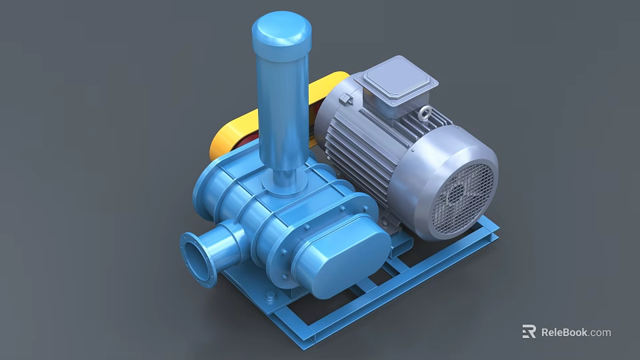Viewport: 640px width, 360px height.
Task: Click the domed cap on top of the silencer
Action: tap(281, 29)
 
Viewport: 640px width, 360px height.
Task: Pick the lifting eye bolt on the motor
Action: tap(424, 113)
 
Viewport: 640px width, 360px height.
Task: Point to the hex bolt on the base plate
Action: tap(270, 295)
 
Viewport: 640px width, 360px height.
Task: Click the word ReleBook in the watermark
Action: tap(564, 332)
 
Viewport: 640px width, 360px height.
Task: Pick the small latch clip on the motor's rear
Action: tap(345, 99)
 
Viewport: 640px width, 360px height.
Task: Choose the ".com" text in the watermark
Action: tap(600, 332)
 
